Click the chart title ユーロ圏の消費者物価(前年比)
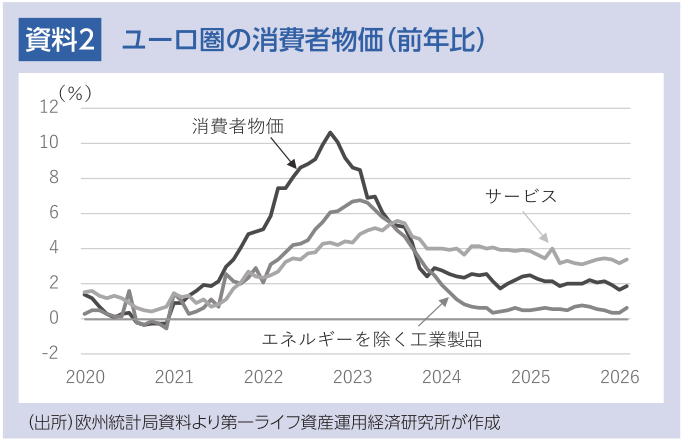click(x=303, y=40)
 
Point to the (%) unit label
click(x=75, y=93)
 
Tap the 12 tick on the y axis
click(x=49, y=108)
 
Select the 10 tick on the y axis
click(x=49, y=143)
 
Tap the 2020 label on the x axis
click(x=84, y=377)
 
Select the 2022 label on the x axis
click(x=263, y=377)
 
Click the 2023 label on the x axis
click(x=352, y=377)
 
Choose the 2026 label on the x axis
click(x=620, y=377)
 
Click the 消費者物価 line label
click(x=239, y=126)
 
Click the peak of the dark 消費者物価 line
click(x=330, y=132)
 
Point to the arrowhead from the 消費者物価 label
click(x=292, y=164)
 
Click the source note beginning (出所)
click(x=263, y=419)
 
